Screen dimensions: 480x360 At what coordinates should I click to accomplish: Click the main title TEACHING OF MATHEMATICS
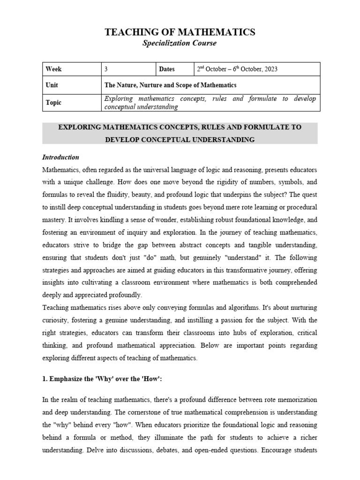coord(180,32)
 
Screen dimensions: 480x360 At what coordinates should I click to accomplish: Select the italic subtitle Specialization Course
coord(180,43)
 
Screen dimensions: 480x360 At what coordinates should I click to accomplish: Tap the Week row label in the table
coord(53,69)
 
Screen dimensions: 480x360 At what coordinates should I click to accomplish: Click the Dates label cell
coord(166,69)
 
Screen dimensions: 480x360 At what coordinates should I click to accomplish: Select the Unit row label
coord(52,85)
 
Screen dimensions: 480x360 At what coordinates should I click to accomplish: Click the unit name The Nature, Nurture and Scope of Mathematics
coord(170,85)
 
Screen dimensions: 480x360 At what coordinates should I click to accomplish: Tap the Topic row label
coord(53,103)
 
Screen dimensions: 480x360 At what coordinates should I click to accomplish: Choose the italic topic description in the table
coord(210,103)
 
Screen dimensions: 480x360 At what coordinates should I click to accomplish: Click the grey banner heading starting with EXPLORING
coord(180,133)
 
